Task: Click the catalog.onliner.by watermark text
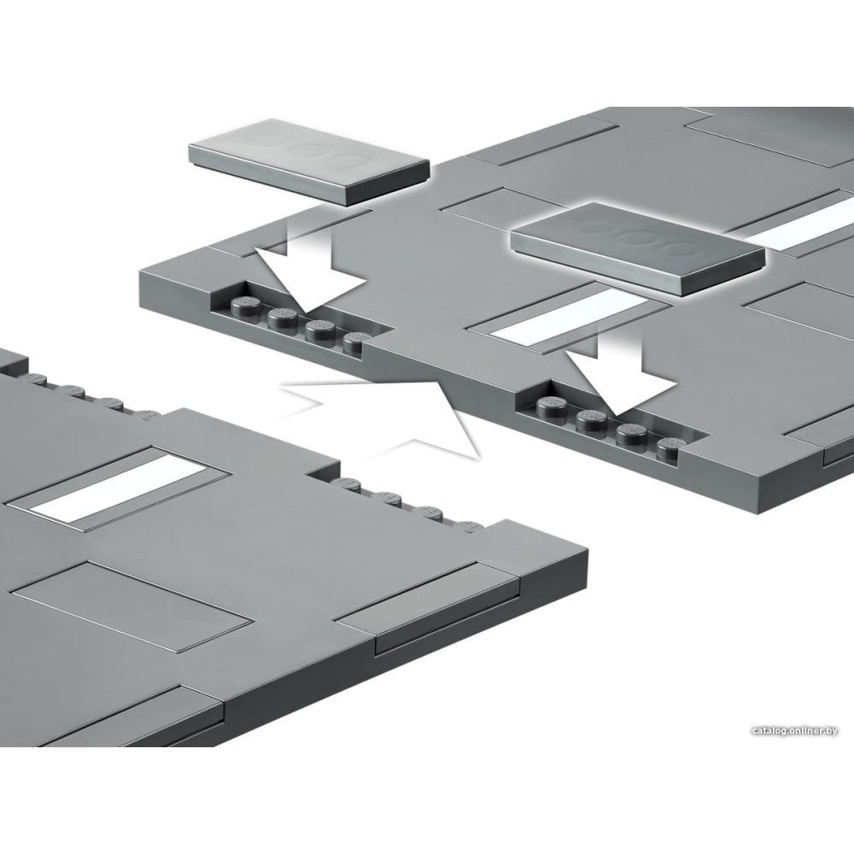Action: tap(794, 731)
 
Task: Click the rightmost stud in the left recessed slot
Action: tap(357, 341)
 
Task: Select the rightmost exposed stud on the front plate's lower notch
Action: tap(469, 527)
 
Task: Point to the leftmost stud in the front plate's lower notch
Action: tap(348, 483)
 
